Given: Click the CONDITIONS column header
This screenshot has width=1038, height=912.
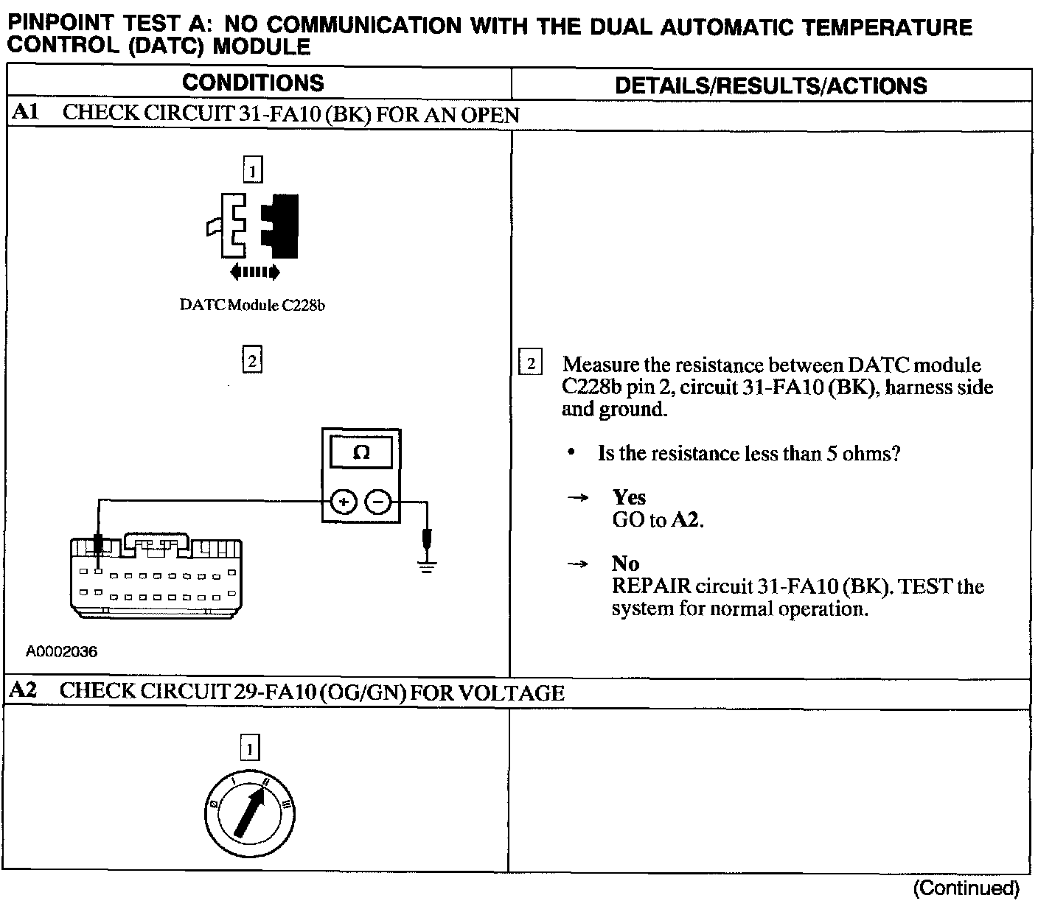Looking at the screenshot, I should (x=253, y=83).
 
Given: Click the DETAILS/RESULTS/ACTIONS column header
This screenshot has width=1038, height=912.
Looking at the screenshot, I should (x=770, y=85).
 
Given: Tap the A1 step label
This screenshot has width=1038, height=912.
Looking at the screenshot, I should (x=24, y=113).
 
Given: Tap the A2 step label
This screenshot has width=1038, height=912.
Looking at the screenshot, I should (x=24, y=691).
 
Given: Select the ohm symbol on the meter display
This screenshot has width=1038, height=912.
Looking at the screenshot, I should (x=361, y=452).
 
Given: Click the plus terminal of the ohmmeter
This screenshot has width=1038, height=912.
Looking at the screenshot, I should (x=343, y=502).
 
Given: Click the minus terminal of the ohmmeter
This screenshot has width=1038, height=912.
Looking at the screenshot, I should (x=378, y=502).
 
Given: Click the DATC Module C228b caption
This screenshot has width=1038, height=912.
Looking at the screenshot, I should (x=252, y=305).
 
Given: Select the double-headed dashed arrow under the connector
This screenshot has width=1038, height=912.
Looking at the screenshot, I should (x=254, y=273).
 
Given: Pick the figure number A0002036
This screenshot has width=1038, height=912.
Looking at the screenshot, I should (x=62, y=652).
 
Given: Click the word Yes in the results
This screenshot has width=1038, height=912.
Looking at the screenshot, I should (x=629, y=498).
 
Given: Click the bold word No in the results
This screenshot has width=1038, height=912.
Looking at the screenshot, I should (x=625, y=564).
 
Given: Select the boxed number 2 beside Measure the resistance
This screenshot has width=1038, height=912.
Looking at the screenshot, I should (x=530, y=364).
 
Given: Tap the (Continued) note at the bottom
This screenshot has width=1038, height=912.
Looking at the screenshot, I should (x=966, y=888).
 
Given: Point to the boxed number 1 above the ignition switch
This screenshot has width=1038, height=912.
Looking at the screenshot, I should (x=250, y=749).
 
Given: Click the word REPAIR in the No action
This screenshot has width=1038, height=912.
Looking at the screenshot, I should (x=651, y=587).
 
